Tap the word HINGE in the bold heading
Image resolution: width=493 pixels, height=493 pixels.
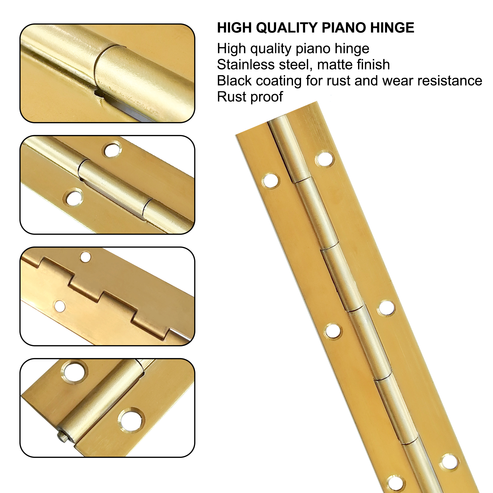[392, 28]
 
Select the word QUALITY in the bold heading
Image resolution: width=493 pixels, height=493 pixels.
[287, 28]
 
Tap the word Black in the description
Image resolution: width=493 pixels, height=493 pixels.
[234, 81]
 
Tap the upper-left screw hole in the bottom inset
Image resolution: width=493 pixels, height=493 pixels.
[74, 371]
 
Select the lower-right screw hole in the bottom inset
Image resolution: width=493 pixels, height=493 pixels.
[131, 420]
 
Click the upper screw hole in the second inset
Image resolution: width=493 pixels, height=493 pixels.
[112, 150]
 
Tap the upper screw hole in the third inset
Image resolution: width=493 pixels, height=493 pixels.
[85, 257]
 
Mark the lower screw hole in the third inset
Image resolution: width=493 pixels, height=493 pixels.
[60, 306]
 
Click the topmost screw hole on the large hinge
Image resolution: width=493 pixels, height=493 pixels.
[324, 159]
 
